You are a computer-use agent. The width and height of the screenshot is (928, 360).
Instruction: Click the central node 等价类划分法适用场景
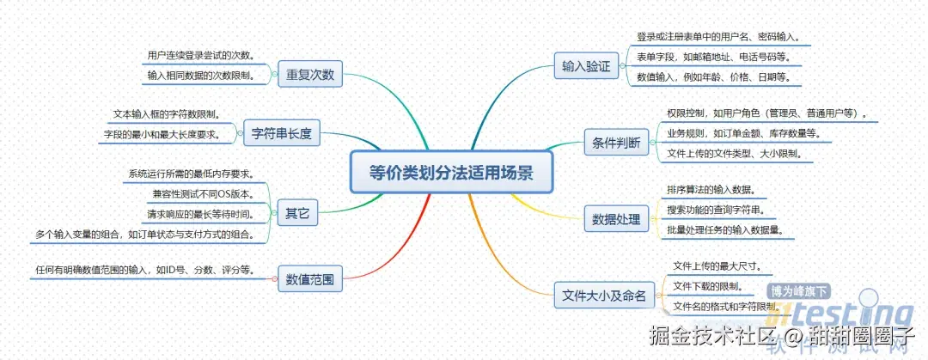click(x=451, y=172)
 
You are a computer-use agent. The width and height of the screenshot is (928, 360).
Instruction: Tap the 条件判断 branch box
click(x=616, y=143)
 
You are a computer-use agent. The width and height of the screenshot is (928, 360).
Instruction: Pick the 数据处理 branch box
click(x=616, y=219)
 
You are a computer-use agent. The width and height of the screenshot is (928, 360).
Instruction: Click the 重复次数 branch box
click(x=310, y=76)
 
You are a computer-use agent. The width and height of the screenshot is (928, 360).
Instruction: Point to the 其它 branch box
click(x=297, y=211)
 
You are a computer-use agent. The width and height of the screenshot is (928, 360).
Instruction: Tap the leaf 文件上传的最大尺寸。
click(x=717, y=265)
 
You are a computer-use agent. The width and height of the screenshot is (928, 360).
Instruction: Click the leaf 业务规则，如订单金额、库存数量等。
click(x=744, y=133)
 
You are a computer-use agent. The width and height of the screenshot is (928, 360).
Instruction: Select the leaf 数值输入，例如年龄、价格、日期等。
click(x=713, y=76)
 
